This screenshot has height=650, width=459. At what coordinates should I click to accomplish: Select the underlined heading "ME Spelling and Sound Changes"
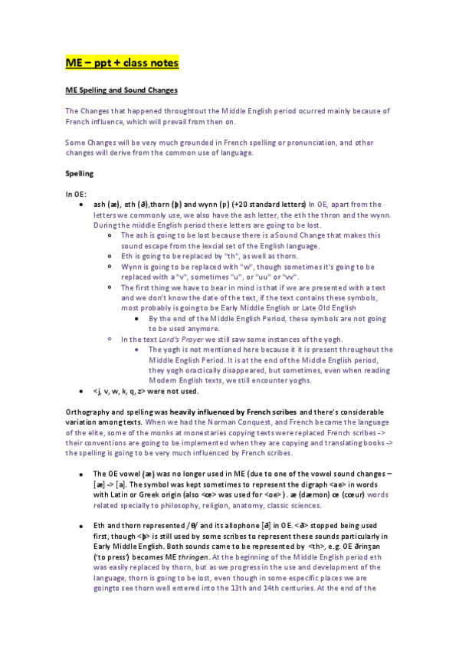122,90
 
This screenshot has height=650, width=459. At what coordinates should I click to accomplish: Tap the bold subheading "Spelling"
80,174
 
